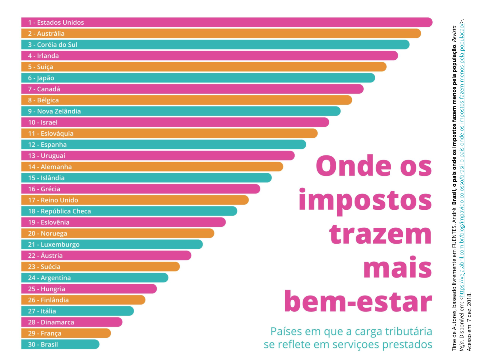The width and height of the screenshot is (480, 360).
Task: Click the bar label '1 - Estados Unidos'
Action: point(56,22)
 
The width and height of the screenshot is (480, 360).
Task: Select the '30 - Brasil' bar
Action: point(60,344)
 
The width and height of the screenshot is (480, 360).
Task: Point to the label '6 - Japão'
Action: point(41,78)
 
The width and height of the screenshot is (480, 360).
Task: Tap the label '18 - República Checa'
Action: point(59,211)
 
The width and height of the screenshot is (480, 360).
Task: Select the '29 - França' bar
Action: point(66,333)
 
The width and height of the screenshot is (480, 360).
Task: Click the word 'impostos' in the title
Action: point(365,201)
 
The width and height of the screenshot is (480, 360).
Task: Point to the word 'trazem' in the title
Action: point(380,235)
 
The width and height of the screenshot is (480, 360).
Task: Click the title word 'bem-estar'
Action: point(358,302)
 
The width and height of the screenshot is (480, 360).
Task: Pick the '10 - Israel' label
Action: point(43,122)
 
